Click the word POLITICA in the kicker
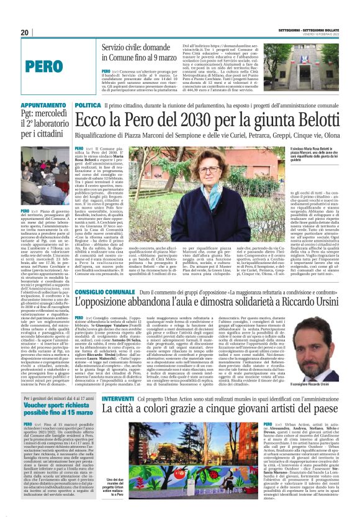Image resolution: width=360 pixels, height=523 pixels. click(x=88, y=106)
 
